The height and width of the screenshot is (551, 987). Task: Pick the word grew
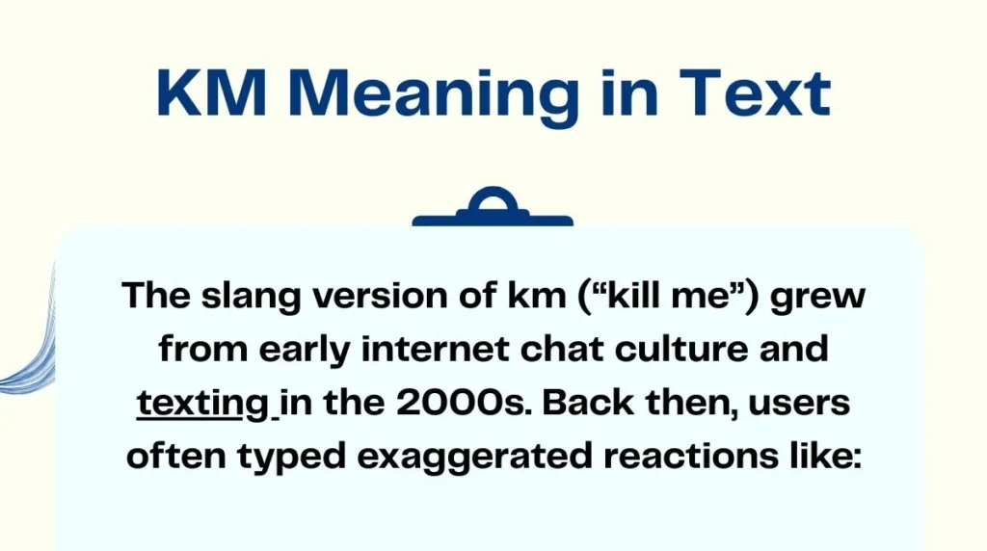tap(818, 296)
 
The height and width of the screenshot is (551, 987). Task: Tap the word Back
tap(593, 403)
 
